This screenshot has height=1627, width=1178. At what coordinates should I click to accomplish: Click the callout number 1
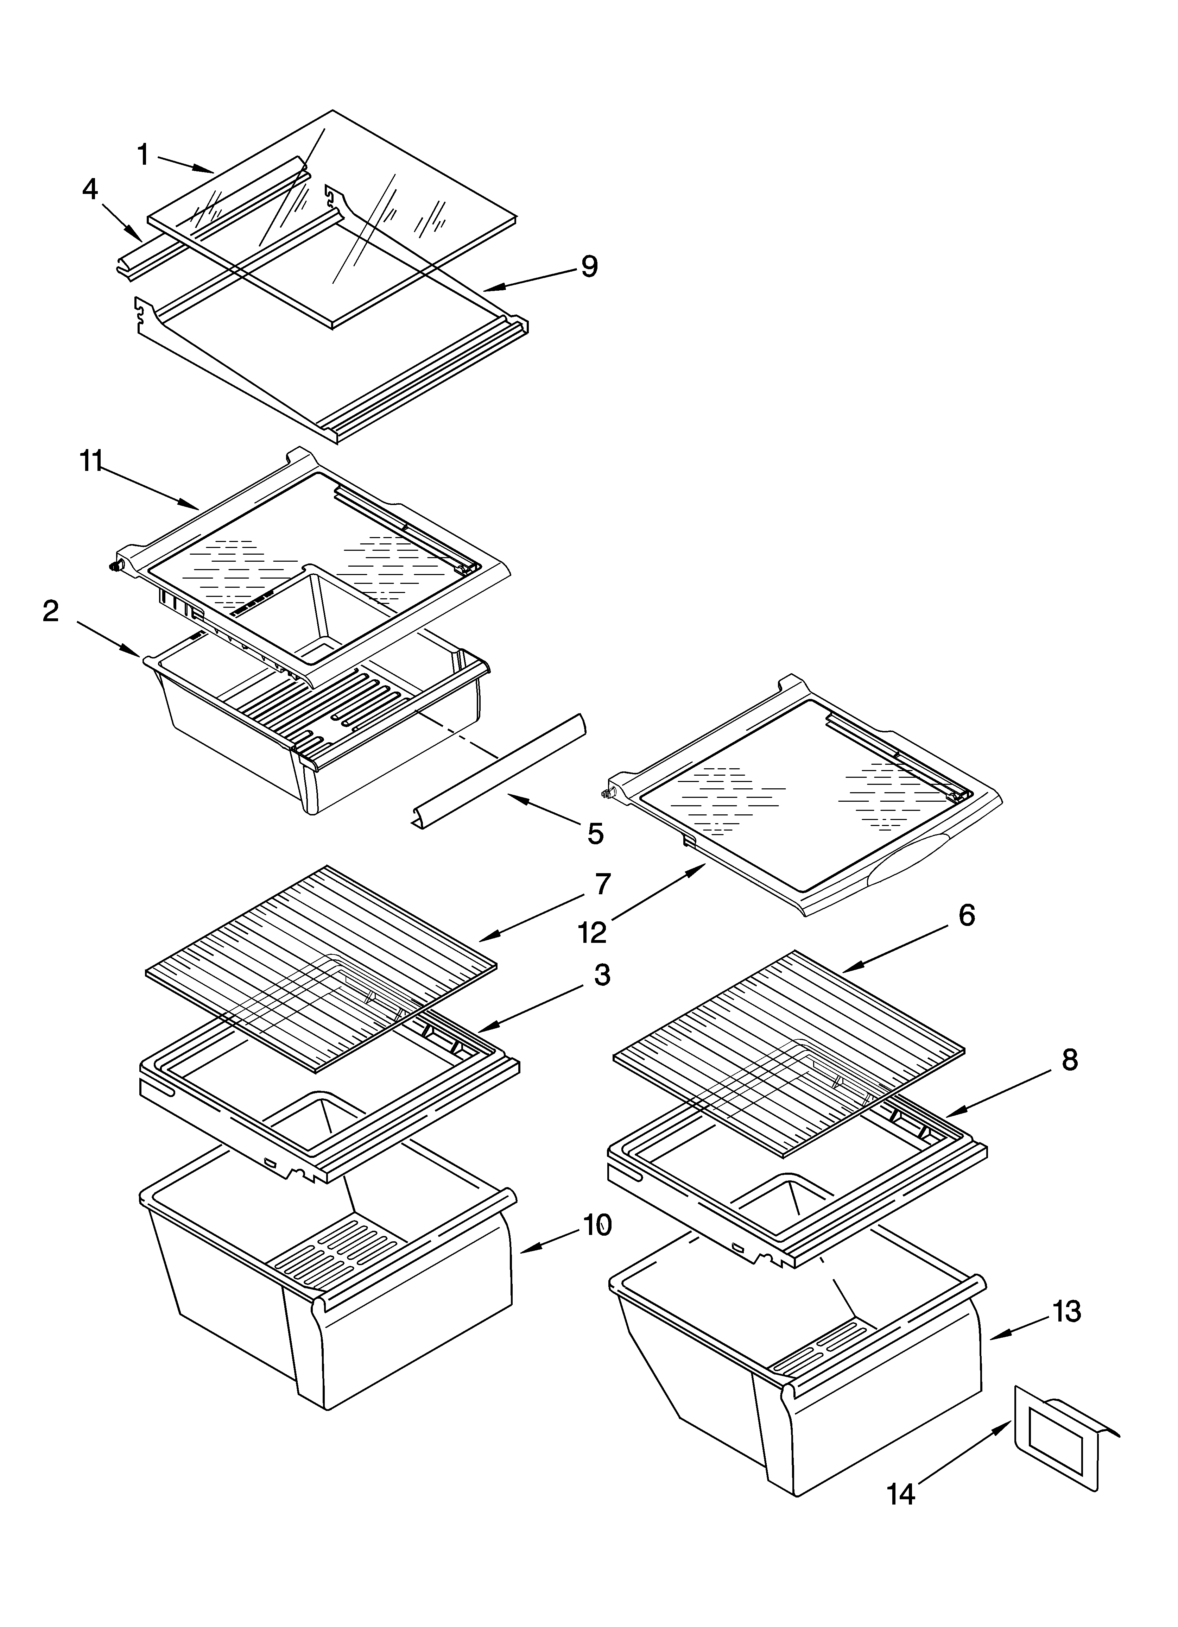(144, 154)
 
